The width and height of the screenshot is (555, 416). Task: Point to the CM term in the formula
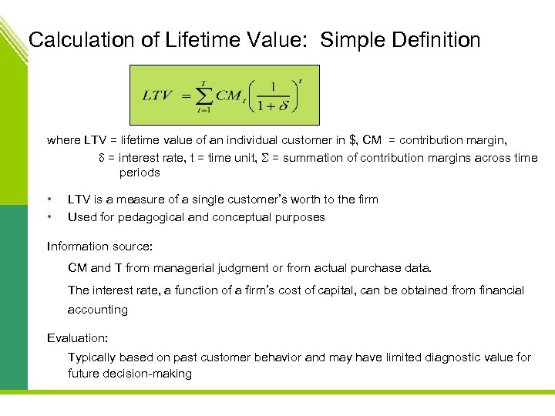(229, 96)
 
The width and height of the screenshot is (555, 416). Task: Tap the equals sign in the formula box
(186, 96)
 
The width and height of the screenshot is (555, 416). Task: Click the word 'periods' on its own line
(140, 173)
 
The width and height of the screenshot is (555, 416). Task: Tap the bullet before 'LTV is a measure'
(49, 200)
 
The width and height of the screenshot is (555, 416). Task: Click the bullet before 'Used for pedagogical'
(49, 217)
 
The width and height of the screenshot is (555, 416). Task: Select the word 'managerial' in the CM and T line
(183, 268)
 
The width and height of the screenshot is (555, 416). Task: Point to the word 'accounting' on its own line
(98, 310)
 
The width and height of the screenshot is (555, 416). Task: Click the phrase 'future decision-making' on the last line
(129, 374)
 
